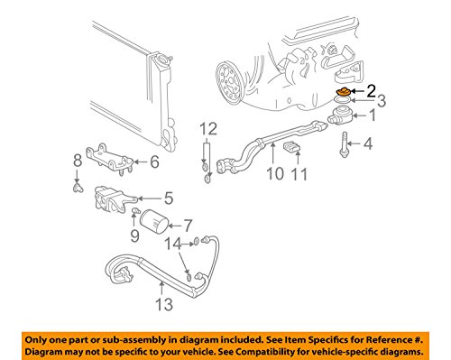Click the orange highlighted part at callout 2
coord(343,91)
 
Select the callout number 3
coord(382,101)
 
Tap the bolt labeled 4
coord(344,144)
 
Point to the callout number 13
coord(164,304)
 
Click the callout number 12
coord(208,129)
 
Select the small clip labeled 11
coord(291,148)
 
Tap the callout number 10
coord(275,173)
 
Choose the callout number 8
coord(78,161)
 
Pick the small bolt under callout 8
coord(78,189)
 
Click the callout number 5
coord(169,198)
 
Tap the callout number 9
coord(134,235)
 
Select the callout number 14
coord(173,244)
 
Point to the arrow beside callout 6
coord(140,162)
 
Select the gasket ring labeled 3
coord(343,100)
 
